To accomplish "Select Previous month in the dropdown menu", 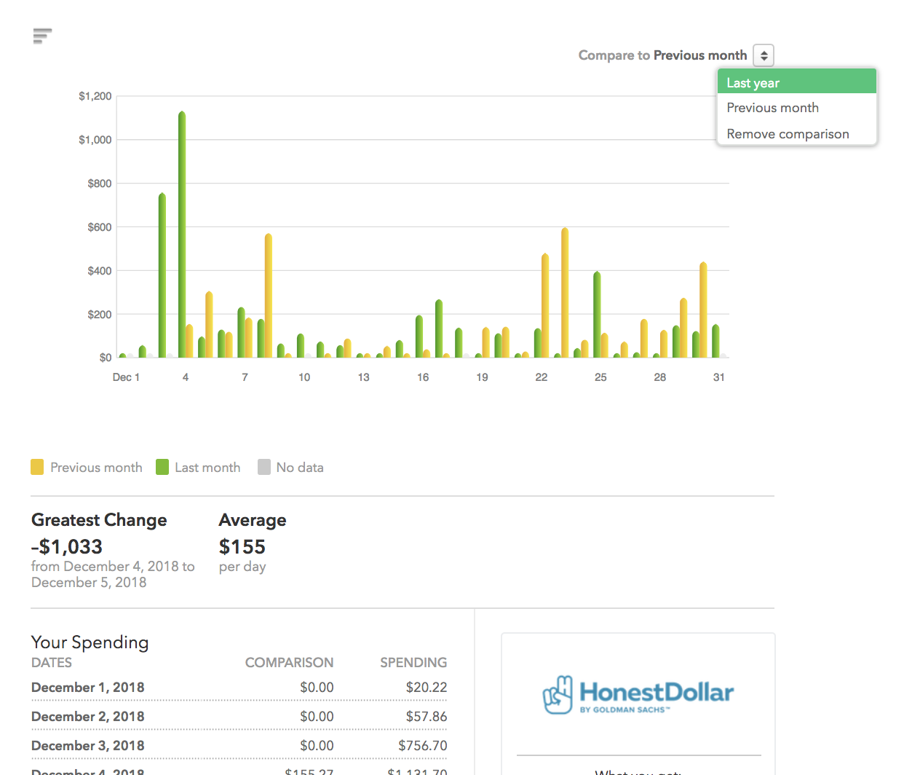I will (772, 108).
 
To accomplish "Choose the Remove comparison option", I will (788, 134).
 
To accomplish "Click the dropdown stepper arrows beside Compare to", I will (764, 55).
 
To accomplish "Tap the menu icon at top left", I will (42, 36).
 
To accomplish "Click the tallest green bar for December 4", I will (182, 233).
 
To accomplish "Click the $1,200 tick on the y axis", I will (95, 96).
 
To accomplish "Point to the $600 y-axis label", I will (100, 227).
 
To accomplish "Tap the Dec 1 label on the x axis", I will (126, 377).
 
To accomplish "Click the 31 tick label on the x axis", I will (718, 377).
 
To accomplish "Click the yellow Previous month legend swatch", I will (37, 467).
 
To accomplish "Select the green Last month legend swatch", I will (162, 467).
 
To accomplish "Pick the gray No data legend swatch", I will (264, 467).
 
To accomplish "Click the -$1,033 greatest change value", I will (67, 546).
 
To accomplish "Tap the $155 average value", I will (242, 546).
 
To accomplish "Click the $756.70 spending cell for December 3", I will (422, 745).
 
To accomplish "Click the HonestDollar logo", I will (638, 694).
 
